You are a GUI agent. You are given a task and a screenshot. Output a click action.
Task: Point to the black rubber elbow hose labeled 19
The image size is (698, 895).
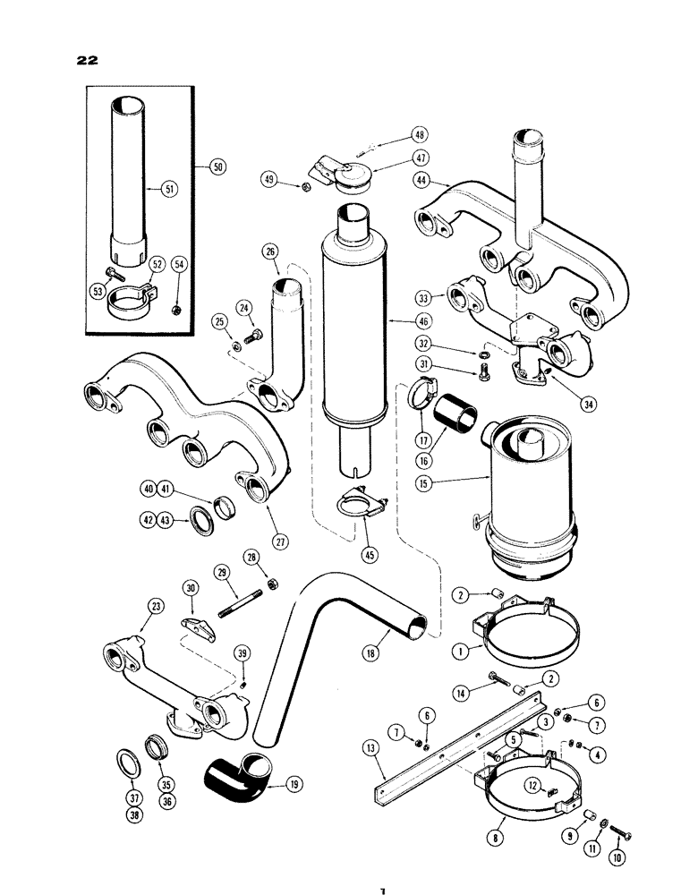click(239, 774)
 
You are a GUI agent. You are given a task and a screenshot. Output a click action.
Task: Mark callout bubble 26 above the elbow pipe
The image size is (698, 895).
click(271, 251)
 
